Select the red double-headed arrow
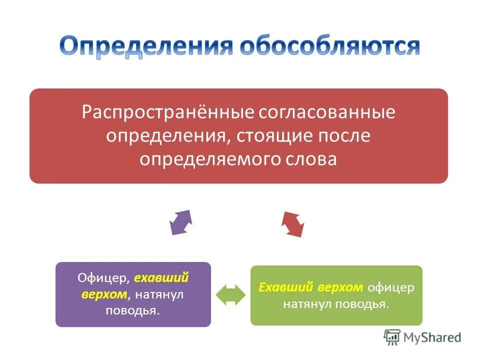click(x=293, y=224)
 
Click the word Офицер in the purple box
click(x=103, y=277)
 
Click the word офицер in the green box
click(x=390, y=287)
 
